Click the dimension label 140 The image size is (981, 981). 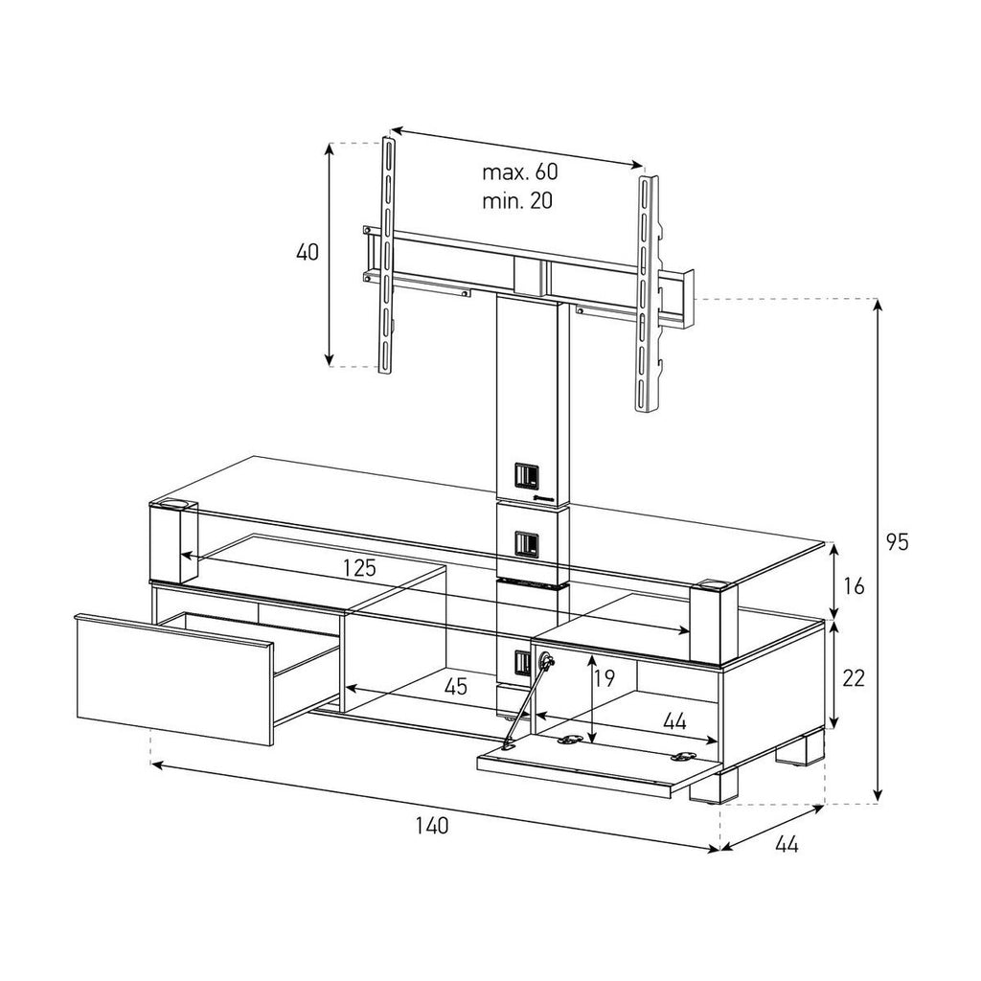tap(432, 826)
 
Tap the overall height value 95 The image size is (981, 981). tap(897, 542)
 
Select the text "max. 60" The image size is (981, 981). tap(519, 171)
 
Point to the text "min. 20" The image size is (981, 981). tap(516, 201)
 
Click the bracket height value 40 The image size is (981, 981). tap(308, 252)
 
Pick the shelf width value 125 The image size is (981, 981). tap(360, 567)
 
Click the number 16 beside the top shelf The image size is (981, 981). tap(854, 586)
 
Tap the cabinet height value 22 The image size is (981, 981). tap(854, 677)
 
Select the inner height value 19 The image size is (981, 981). tap(605, 678)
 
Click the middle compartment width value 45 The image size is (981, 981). tap(455, 686)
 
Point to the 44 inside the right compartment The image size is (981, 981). tap(674, 722)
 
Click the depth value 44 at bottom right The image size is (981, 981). tap(787, 845)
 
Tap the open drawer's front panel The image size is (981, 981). tap(174, 680)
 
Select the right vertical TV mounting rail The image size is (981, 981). tap(648, 294)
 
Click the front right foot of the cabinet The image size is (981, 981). tap(713, 786)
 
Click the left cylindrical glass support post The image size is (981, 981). tap(172, 540)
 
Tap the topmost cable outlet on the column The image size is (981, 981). tap(526, 476)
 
